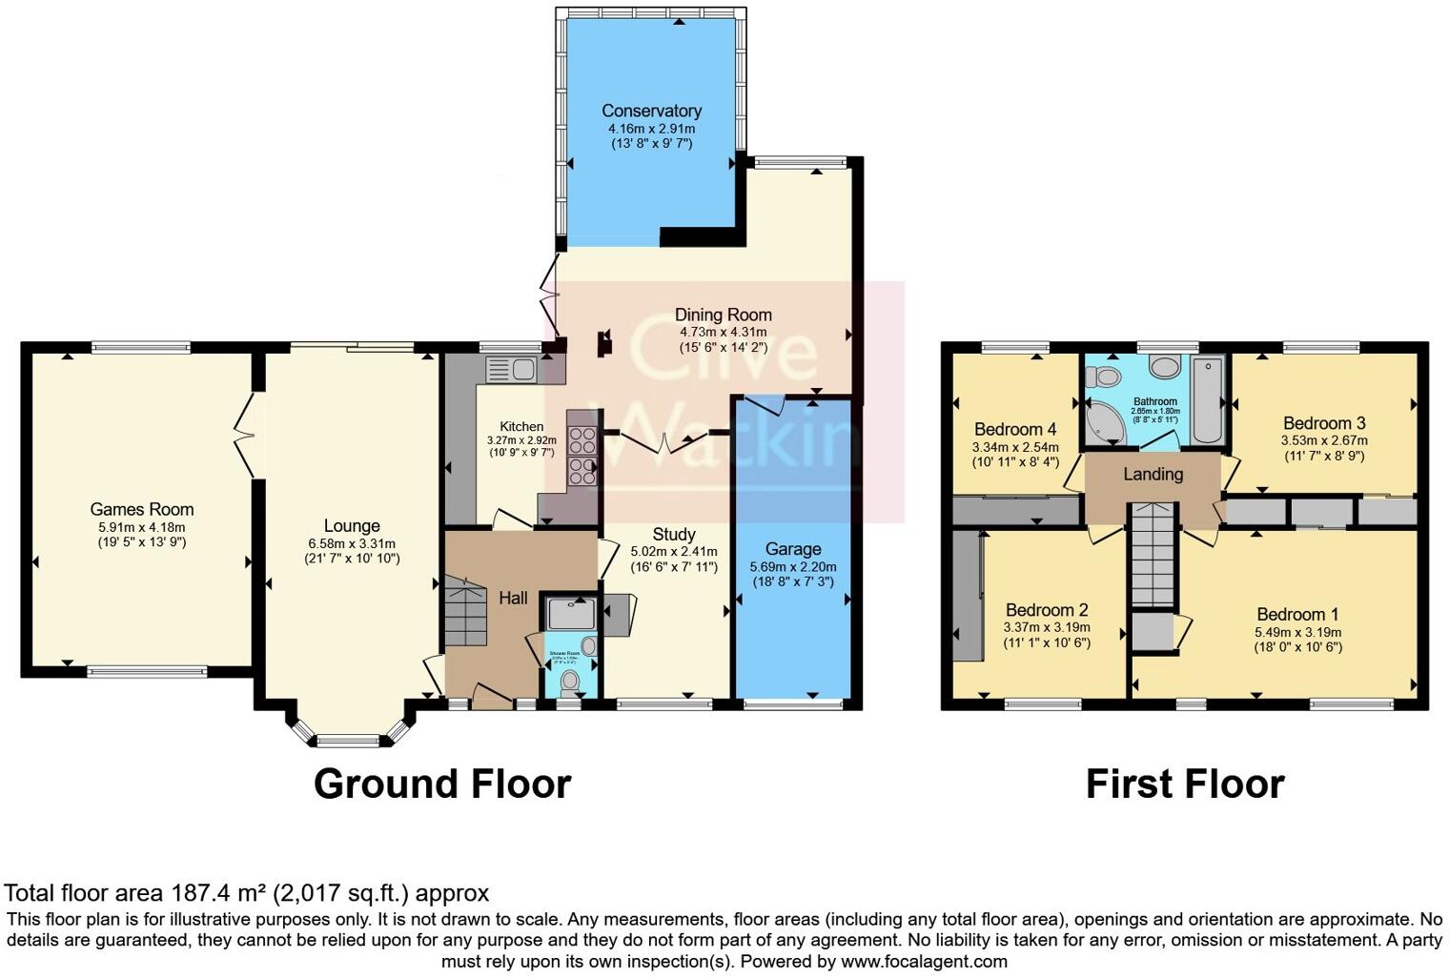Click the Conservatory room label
click(x=651, y=111)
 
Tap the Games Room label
click(x=142, y=510)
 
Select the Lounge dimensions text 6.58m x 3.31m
click(x=352, y=543)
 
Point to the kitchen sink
click(x=511, y=368)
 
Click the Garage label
click(x=792, y=549)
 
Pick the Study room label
click(x=674, y=534)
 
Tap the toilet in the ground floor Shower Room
click(x=571, y=681)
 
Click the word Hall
click(x=513, y=599)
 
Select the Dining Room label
click(x=723, y=315)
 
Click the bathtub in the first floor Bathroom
click(x=1208, y=400)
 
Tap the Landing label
click(x=1153, y=474)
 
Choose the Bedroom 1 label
click(x=1297, y=615)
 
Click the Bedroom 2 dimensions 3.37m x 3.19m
click(x=1047, y=627)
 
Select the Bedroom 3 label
click(x=1324, y=423)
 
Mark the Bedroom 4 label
click(x=1015, y=429)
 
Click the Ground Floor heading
click(x=442, y=784)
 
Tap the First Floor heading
click(x=1185, y=784)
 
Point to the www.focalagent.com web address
click(x=924, y=961)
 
